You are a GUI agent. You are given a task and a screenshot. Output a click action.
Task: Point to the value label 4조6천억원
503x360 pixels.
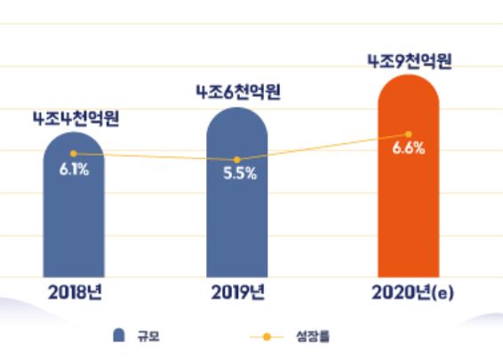point(237,92)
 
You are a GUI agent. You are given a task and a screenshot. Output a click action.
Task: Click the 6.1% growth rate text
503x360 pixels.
point(74,170)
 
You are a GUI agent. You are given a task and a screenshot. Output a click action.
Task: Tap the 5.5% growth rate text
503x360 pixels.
point(239,174)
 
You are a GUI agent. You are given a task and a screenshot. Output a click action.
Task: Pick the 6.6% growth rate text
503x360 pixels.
point(408,148)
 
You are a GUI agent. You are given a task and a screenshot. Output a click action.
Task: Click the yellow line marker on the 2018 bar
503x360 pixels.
point(74,154)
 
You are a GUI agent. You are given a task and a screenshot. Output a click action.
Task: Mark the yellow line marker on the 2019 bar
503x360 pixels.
point(237,159)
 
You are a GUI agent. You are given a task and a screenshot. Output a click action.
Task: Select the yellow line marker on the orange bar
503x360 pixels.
point(408,134)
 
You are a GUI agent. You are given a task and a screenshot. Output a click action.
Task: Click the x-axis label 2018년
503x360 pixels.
point(74,292)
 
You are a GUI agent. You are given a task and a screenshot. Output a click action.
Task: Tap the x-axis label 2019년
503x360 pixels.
point(237,292)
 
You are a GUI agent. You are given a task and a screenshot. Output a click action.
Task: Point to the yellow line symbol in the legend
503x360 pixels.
point(265,337)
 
